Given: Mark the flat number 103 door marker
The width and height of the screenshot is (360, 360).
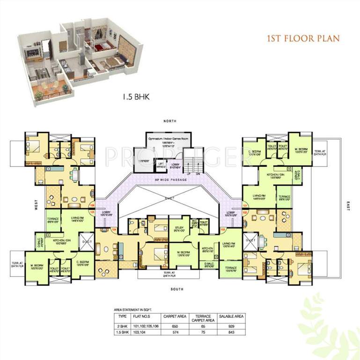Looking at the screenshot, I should pyautogui.click(x=223, y=230).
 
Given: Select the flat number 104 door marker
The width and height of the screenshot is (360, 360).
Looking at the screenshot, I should pyautogui.click(x=115, y=230).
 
